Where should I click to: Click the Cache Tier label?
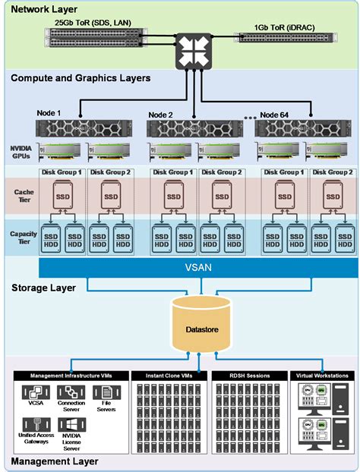(x=24, y=197)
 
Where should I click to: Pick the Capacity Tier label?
(x=23, y=238)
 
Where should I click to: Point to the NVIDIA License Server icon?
(x=72, y=427)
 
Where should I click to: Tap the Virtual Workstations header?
(x=321, y=376)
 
